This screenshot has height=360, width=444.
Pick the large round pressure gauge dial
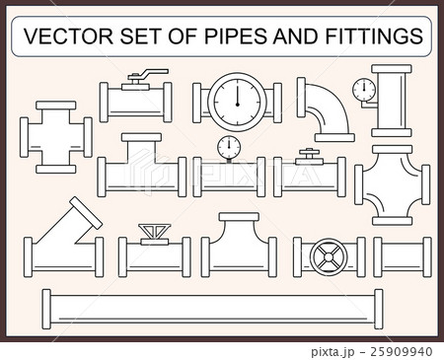[x=237, y=98]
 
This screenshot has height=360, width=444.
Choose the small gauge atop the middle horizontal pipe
[x=230, y=146]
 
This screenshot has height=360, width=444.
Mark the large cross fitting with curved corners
[x=393, y=182]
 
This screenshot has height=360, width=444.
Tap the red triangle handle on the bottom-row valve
[x=154, y=233]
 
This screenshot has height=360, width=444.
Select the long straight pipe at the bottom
[x=209, y=309]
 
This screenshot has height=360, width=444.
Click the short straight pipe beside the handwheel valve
[x=402, y=256]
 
